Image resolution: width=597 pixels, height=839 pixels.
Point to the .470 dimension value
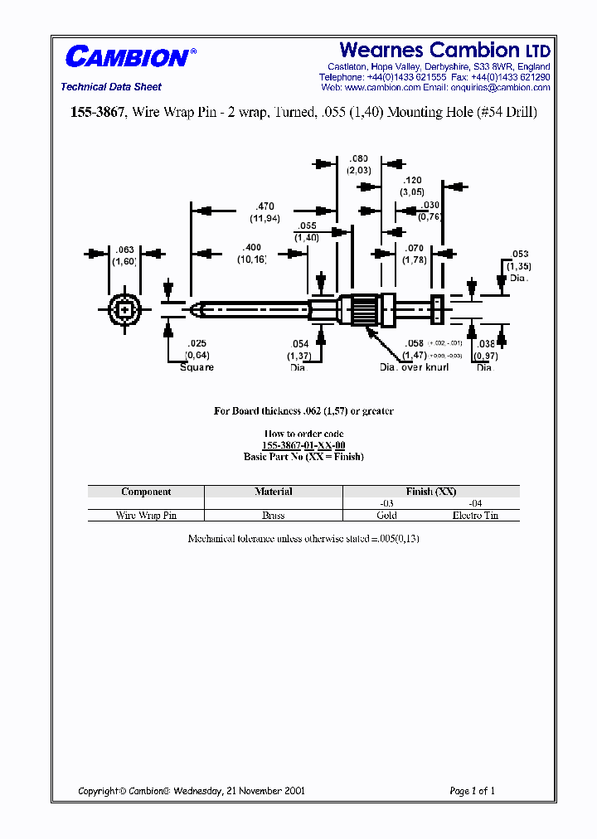coord(265,206)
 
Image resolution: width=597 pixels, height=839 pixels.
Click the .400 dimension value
coord(251,248)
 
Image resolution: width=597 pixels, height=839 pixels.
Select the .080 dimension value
coord(359,158)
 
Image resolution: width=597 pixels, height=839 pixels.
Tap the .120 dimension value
coord(412,180)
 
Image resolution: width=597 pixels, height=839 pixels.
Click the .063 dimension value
coord(125,250)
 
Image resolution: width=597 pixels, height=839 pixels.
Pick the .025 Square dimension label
coord(197,355)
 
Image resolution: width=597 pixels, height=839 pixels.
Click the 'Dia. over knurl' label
coord(414,367)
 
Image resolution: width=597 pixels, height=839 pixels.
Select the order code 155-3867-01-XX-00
coord(303,445)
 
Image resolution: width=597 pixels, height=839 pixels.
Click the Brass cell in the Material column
coord(273,515)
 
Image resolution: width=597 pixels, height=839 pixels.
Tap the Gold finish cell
coord(386,515)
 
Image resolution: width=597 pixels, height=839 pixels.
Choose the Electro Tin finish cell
coord(475,515)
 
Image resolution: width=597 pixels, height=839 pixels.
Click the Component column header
coord(146,492)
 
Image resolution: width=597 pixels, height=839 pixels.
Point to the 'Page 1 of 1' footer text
coord(472,791)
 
